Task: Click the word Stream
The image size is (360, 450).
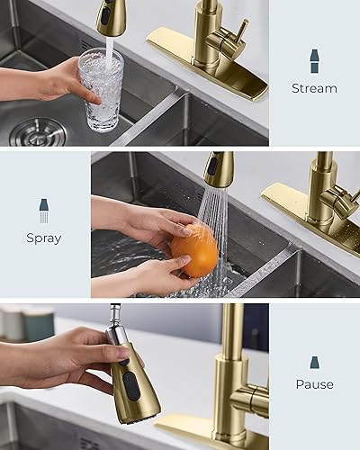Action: (x=314, y=88)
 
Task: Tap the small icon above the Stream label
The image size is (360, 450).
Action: (x=314, y=61)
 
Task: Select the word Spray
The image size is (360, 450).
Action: (x=44, y=238)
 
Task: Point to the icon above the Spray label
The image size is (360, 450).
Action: (x=44, y=211)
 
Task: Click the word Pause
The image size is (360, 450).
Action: (x=314, y=384)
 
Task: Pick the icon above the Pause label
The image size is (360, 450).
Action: (x=314, y=362)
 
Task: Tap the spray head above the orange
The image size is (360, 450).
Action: (x=217, y=169)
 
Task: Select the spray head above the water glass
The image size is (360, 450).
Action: (x=111, y=16)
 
